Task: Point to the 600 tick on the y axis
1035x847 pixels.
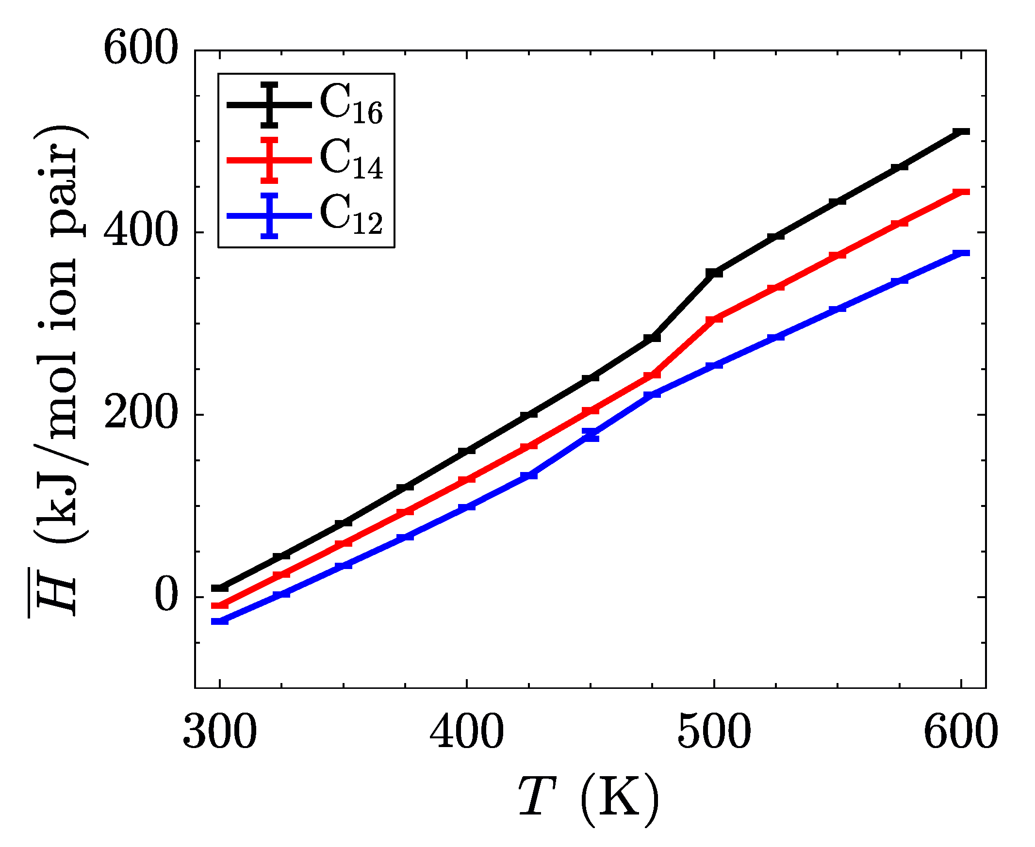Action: tap(141, 50)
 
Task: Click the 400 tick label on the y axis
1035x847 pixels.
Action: tap(141, 232)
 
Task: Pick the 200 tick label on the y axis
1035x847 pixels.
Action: tap(141, 415)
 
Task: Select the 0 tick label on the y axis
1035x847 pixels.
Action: tap(166, 597)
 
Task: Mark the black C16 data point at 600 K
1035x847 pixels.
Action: tap(961, 132)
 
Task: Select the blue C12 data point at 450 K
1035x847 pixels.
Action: tap(591, 435)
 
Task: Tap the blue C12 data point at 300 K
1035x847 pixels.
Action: tap(220, 621)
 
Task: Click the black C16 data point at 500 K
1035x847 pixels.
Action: tap(714, 273)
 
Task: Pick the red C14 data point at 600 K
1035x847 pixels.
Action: tap(961, 192)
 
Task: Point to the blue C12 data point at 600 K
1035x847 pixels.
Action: tap(961, 253)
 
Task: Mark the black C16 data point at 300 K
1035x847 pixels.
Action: tap(220, 588)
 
